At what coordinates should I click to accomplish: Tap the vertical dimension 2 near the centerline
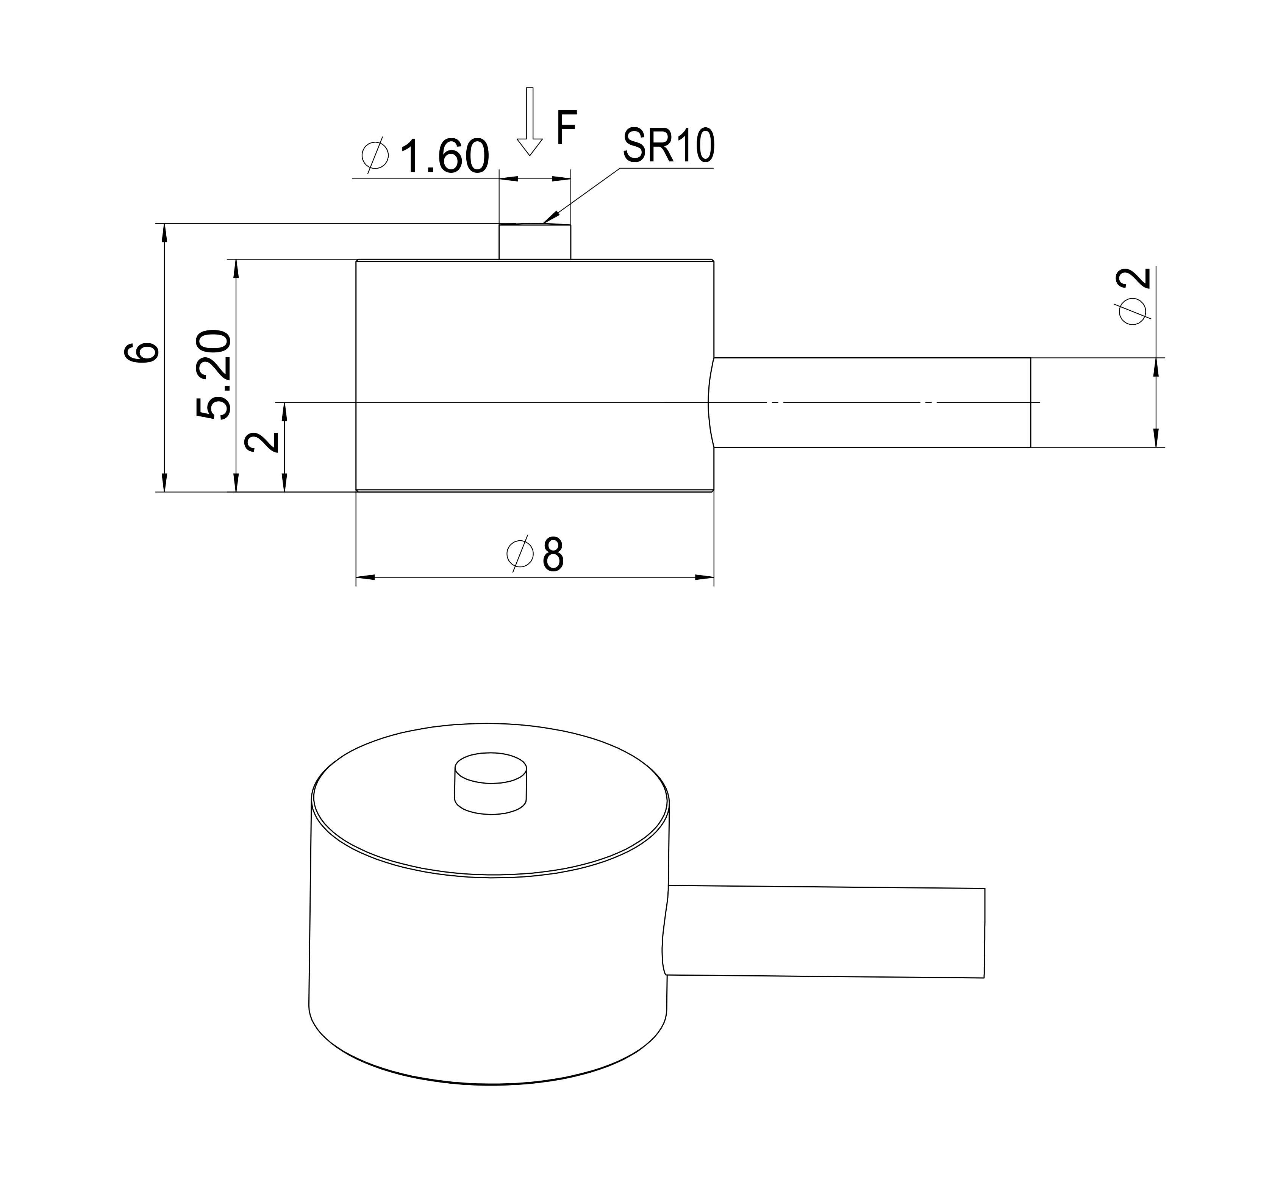pos(263,441)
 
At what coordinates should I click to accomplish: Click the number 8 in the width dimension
pos(553,555)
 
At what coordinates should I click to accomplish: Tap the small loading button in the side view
pos(534,242)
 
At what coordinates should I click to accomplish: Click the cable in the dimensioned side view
pos(870,402)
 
